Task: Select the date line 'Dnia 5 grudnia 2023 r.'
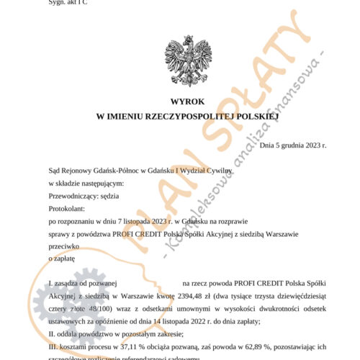point(292,145)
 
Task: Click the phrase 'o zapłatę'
point(60,256)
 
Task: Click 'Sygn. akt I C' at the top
point(68,2)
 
